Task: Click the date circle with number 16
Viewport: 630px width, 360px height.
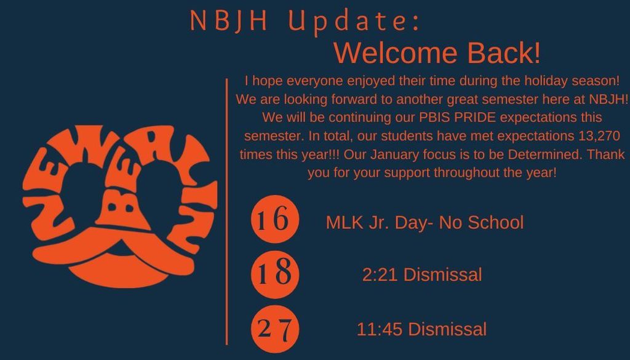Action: (275, 219)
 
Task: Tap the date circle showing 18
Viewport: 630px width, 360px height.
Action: (275, 274)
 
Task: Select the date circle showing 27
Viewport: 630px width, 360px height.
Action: (275, 329)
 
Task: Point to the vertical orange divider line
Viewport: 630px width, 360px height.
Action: (226, 212)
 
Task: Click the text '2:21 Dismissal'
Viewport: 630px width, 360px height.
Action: (422, 275)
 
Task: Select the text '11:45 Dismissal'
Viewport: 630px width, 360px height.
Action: (421, 329)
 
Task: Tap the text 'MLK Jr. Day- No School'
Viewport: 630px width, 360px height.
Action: (425, 223)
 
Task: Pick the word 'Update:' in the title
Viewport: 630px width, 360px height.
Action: (354, 22)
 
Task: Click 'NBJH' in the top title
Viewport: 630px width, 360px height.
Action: (229, 20)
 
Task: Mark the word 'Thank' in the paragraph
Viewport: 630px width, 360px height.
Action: (606, 154)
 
